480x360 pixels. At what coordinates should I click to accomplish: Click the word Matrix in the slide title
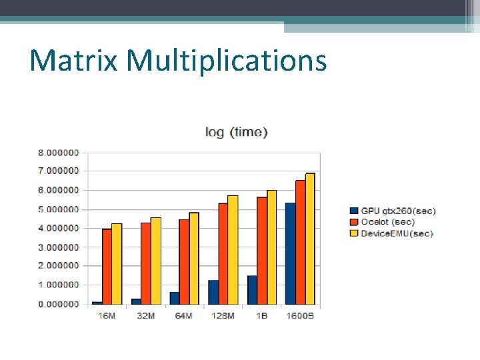click(73, 60)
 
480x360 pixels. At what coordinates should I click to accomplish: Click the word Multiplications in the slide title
click(227, 61)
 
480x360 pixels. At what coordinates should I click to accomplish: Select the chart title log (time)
click(236, 132)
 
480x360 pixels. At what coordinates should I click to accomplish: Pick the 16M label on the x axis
click(107, 315)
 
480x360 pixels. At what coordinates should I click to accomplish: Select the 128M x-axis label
click(223, 315)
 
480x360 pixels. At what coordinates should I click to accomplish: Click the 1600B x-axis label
click(300, 315)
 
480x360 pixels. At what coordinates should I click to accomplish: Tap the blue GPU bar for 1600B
click(291, 253)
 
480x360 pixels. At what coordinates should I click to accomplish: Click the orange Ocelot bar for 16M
click(107, 267)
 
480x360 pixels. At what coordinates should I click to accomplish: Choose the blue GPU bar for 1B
click(252, 290)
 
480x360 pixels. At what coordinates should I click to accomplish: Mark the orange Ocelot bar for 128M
click(223, 254)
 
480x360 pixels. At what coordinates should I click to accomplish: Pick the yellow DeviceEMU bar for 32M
click(155, 261)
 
